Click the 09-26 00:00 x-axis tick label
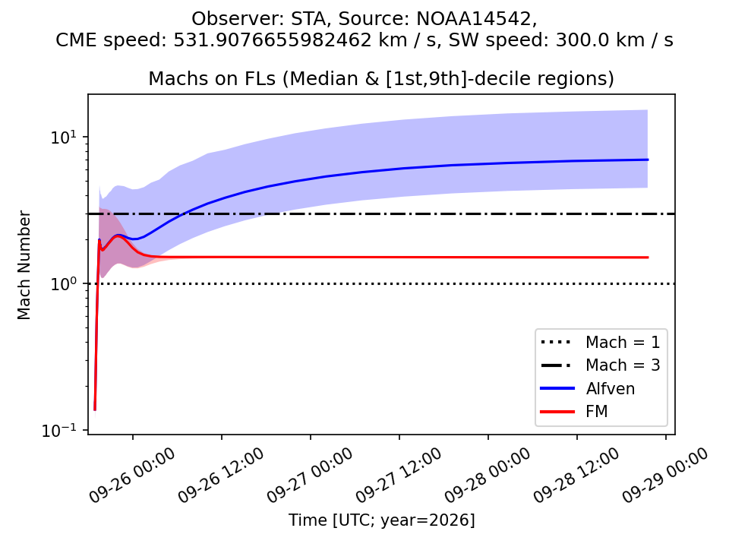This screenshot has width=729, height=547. click(132, 475)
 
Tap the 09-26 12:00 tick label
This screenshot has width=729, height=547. click(221, 475)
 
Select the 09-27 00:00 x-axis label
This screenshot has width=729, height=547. click(310, 475)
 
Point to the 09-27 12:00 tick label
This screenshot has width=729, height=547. click(399, 475)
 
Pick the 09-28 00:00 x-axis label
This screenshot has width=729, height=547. click(488, 475)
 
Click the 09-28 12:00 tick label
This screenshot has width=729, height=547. click(576, 475)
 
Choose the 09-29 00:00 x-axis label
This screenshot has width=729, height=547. click(665, 475)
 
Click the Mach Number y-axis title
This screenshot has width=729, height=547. click(24, 265)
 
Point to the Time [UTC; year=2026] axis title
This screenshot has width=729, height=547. click(382, 520)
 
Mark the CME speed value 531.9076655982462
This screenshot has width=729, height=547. click(273, 40)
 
